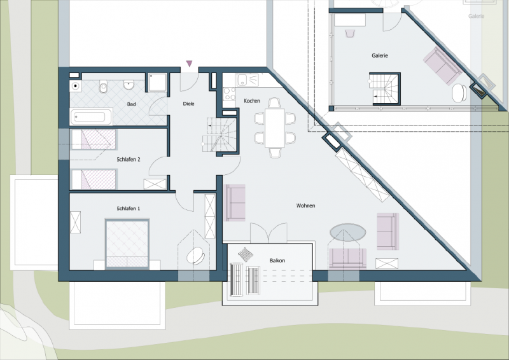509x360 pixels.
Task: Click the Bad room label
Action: [x=131, y=104]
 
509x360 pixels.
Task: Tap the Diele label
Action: [x=188, y=104]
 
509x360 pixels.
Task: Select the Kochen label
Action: [x=252, y=101]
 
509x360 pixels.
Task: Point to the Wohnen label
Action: [x=305, y=206]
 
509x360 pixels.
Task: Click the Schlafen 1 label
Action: [x=129, y=209]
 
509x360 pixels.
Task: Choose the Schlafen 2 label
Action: [x=129, y=160]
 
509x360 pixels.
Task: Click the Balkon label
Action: [x=277, y=261]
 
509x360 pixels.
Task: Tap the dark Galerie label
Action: [x=380, y=56]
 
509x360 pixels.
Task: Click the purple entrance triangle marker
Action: [x=189, y=64]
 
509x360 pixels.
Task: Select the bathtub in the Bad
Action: [x=91, y=117]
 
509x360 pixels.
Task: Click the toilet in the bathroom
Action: [x=104, y=87]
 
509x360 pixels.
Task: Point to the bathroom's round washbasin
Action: [x=129, y=85]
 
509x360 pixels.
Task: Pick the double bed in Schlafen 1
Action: [x=127, y=244]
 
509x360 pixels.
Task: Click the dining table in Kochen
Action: [x=275, y=128]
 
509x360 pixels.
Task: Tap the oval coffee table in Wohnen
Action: [x=347, y=232]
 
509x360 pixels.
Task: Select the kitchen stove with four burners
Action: [x=229, y=93]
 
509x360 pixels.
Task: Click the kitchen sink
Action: [x=248, y=80]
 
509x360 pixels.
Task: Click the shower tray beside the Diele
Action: [x=157, y=83]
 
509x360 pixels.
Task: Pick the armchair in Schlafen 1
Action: [x=195, y=256]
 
